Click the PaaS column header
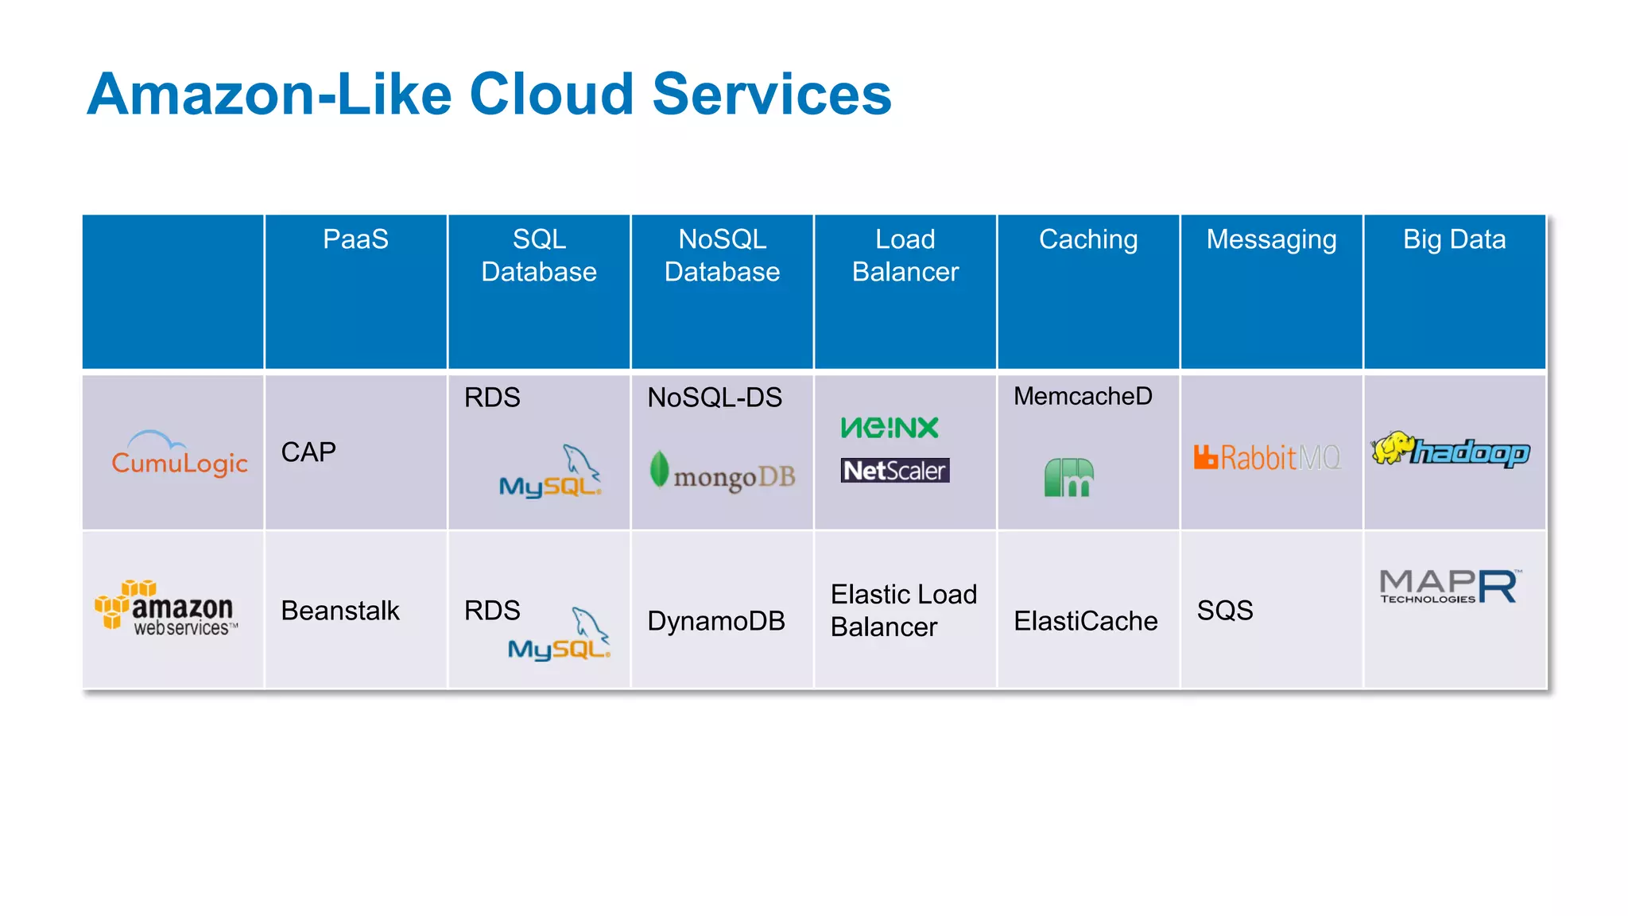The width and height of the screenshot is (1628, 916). pyautogui.click(x=355, y=239)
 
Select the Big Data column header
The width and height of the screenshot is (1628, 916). pyautogui.click(x=1454, y=239)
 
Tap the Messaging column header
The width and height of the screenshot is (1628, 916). pyautogui.click(x=1271, y=239)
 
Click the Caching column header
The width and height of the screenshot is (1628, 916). pyautogui.click(x=1088, y=239)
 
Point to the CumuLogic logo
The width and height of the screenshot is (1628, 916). pyautogui.click(x=179, y=455)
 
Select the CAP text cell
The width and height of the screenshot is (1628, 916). pyautogui.click(x=308, y=452)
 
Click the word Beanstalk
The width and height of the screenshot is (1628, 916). pyautogui.click(x=340, y=611)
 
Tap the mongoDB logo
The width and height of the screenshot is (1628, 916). pyautogui.click(x=723, y=473)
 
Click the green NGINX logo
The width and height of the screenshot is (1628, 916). pyautogui.click(x=890, y=428)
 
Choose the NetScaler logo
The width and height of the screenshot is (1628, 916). pyautogui.click(x=895, y=471)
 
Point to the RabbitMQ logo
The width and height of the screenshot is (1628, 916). pyautogui.click(x=1267, y=458)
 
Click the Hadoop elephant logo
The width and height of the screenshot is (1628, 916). pyautogui.click(x=1451, y=451)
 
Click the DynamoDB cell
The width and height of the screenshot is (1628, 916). pyautogui.click(x=715, y=621)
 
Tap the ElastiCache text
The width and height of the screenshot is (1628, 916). pyautogui.click(x=1085, y=621)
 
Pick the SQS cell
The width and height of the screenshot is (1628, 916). pyautogui.click(x=1225, y=611)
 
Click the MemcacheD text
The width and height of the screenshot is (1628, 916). pyautogui.click(x=1083, y=396)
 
